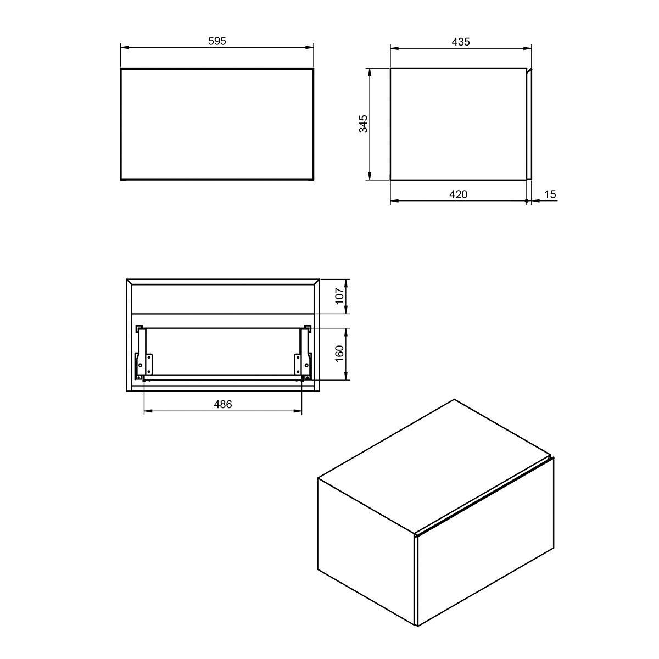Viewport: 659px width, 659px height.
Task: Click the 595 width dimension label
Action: pos(217,41)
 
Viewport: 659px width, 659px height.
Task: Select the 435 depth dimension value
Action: pos(461,42)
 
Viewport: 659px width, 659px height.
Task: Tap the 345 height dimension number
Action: pos(363,124)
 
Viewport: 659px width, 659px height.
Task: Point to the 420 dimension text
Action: pos(458,194)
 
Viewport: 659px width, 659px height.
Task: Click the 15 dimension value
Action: pos(550,194)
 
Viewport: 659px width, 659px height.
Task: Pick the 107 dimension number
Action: pos(339,297)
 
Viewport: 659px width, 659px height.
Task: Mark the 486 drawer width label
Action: pos(222,405)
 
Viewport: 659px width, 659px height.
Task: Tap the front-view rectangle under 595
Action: pos(217,124)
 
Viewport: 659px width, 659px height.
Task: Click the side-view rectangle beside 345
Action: pos(458,124)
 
